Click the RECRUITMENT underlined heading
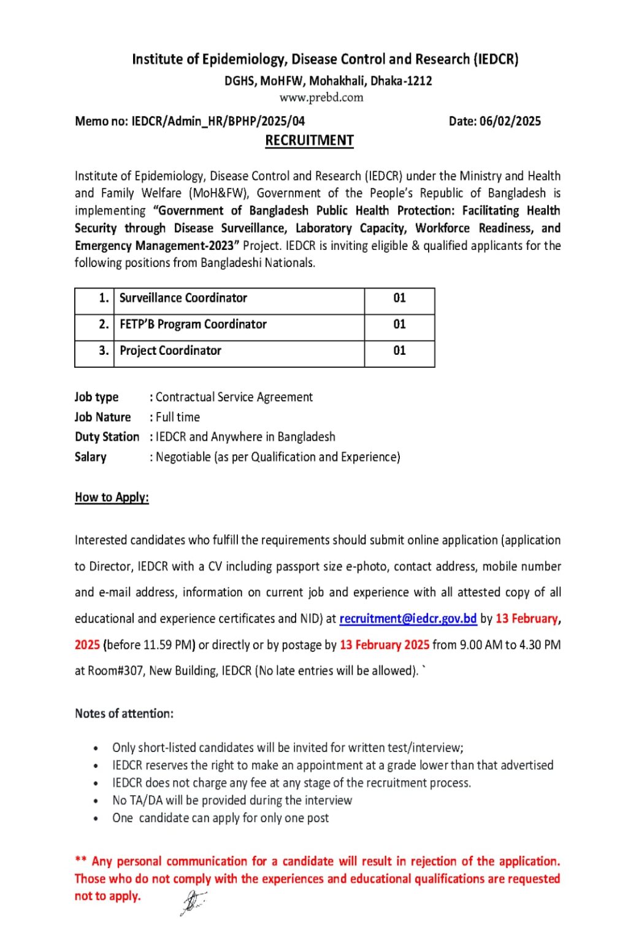(x=309, y=141)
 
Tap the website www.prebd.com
(x=321, y=97)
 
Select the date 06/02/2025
(x=510, y=121)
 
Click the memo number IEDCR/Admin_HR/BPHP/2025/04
(x=218, y=121)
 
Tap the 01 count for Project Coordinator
(x=399, y=351)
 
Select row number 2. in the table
(x=104, y=324)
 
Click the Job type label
(x=96, y=397)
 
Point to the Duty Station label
(x=107, y=437)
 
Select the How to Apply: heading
(x=112, y=497)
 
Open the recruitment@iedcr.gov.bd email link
(x=408, y=618)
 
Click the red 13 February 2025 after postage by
(x=385, y=645)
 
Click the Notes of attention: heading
(x=124, y=713)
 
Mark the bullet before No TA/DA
(x=96, y=801)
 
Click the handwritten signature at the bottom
(x=193, y=901)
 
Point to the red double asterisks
(x=80, y=861)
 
